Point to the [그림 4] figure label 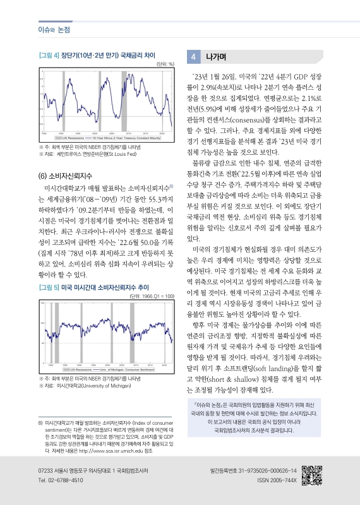[49, 56]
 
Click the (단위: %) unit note [165, 64]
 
